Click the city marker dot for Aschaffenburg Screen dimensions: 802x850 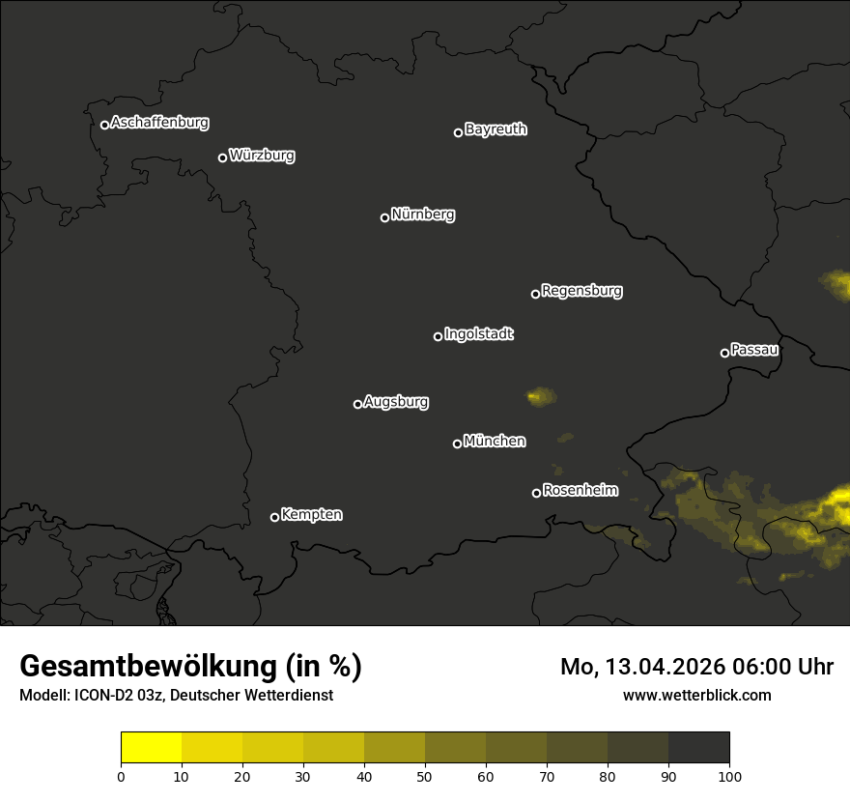pyautogui.click(x=104, y=125)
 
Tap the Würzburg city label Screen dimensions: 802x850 pyautogui.click(x=262, y=156)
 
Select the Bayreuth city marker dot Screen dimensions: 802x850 pyautogui.click(x=458, y=132)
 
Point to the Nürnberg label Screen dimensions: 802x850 pyautogui.click(x=423, y=215)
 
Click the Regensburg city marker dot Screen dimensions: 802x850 pyautogui.click(x=535, y=294)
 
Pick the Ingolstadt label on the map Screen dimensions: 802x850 pyautogui.click(x=479, y=334)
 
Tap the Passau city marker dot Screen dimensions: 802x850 pyautogui.click(x=724, y=353)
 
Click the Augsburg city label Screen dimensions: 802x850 pyautogui.click(x=396, y=402)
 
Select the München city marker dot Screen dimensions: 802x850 pyautogui.click(x=457, y=444)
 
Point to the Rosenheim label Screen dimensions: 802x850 pyautogui.click(x=580, y=491)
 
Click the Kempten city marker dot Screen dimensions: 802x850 pyautogui.click(x=274, y=517)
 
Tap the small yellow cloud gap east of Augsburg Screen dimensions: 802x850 pyautogui.click(x=540, y=395)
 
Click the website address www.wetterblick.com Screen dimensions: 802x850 pyautogui.click(x=697, y=696)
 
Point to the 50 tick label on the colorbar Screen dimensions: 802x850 pyautogui.click(x=425, y=775)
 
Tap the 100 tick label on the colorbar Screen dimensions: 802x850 pyautogui.click(x=729, y=775)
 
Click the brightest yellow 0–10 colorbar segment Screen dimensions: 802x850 pyautogui.click(x=152, y=748)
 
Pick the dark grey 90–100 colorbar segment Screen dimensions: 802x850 pyautogui.click(x=698, y=748)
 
